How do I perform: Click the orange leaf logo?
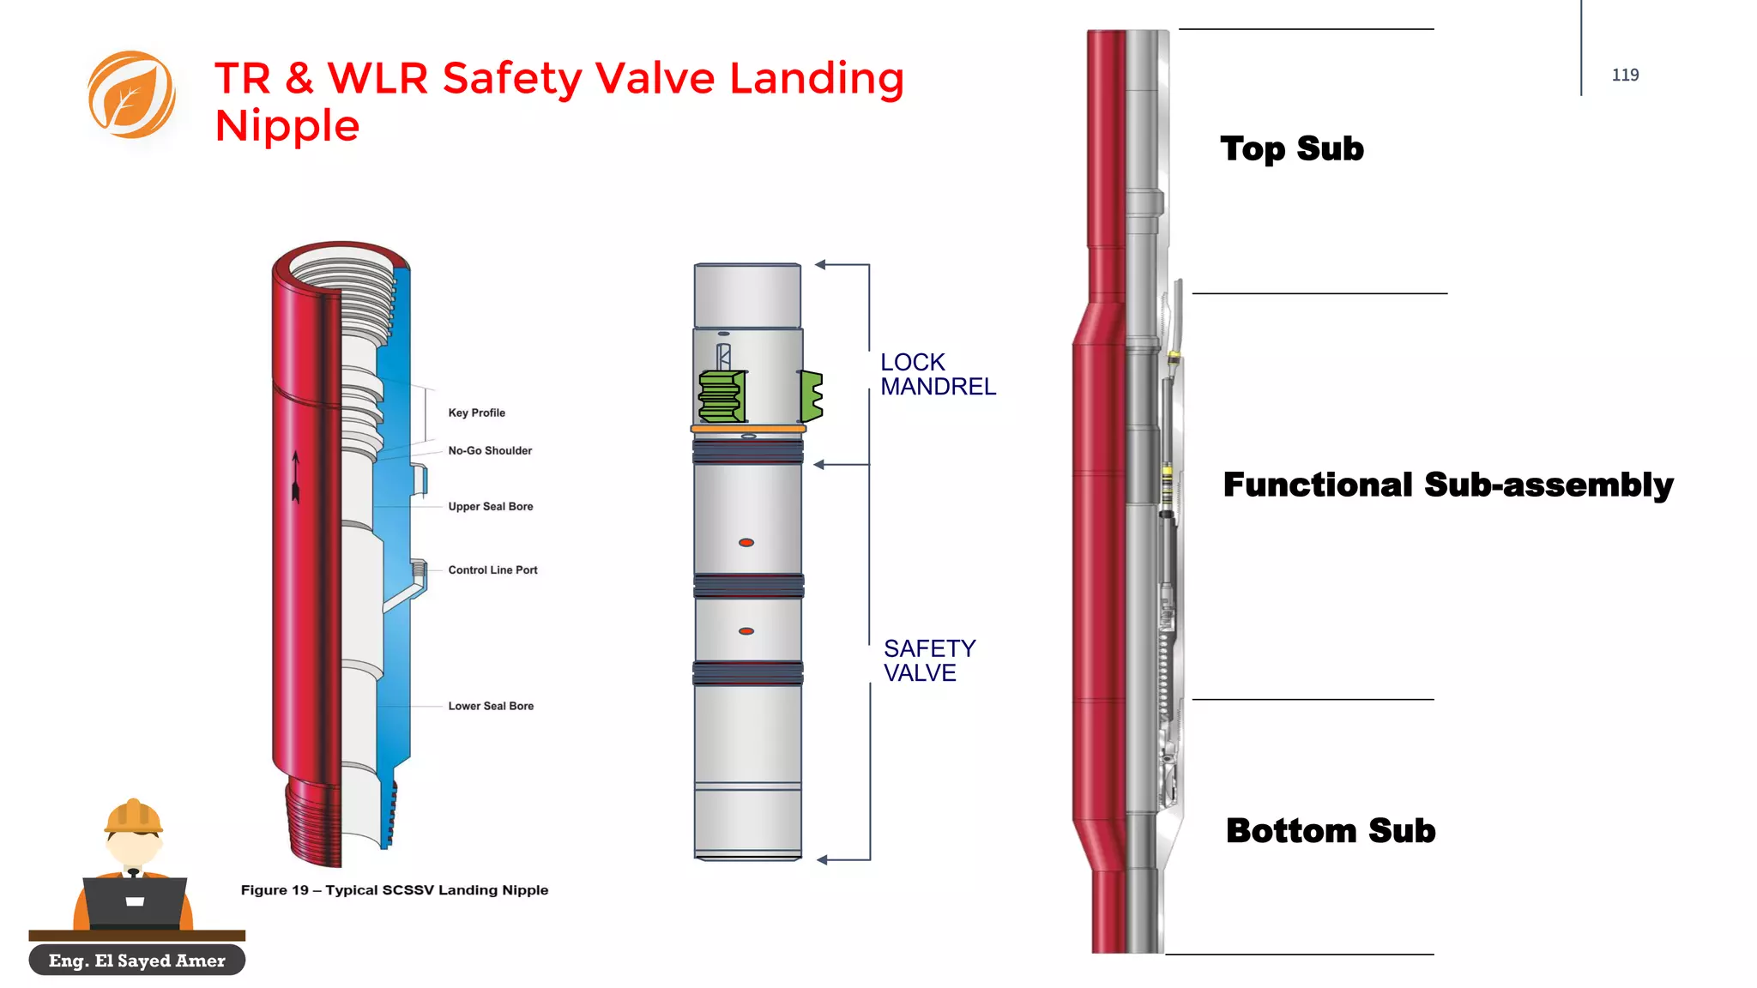(131, 94)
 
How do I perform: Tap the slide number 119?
(1625, 75)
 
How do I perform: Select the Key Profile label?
(476, 413)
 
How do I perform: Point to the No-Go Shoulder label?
(490, 450)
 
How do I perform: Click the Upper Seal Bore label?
(491, 507)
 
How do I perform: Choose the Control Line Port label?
(492, 570)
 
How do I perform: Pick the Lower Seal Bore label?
(491, 706)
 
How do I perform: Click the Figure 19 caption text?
(395, 890)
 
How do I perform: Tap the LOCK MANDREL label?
(938, 375)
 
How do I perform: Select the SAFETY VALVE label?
(929, 660)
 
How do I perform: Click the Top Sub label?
(1291, 149)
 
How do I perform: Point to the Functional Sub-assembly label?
(1448, 485)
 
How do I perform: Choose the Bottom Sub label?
(1331, 831)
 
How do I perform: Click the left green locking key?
(722, 396)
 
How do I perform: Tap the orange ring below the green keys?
(748, 428)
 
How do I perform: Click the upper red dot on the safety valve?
(746, 543)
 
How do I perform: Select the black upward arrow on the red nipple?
(296, 477)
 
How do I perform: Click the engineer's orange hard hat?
(133, 816)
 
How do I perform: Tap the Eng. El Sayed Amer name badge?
(137, 961)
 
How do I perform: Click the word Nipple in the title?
(287, 126)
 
